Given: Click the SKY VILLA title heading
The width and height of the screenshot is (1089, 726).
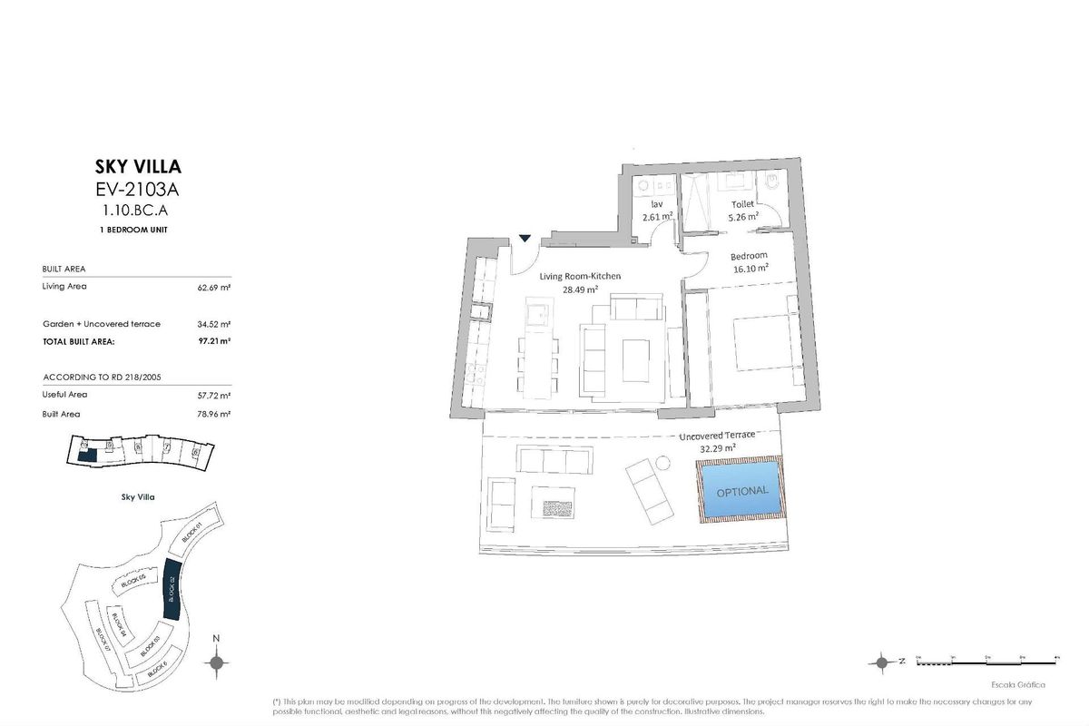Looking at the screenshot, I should tap(138, 166).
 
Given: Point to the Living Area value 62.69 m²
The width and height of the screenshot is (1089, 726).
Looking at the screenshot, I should tap(214, 287).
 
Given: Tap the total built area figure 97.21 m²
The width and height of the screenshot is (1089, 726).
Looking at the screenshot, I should tap(214, 342).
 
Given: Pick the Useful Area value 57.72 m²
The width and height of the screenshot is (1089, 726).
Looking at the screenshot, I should tap(214, 395).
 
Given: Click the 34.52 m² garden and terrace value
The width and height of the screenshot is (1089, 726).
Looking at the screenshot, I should tap(214, 324).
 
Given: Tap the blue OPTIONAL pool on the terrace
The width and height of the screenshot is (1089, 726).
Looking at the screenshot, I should tap(741, 490).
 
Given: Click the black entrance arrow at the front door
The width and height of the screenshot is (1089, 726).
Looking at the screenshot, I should tap(525, 239).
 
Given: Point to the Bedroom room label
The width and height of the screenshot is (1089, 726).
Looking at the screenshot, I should tap(749, 256).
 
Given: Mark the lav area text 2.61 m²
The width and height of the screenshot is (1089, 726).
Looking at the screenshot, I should tap(656, 218).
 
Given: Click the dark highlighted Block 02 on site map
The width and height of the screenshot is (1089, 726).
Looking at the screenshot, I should tap(170, 590).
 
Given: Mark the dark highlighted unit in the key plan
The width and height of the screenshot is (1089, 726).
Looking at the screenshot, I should tap(85, 452).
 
